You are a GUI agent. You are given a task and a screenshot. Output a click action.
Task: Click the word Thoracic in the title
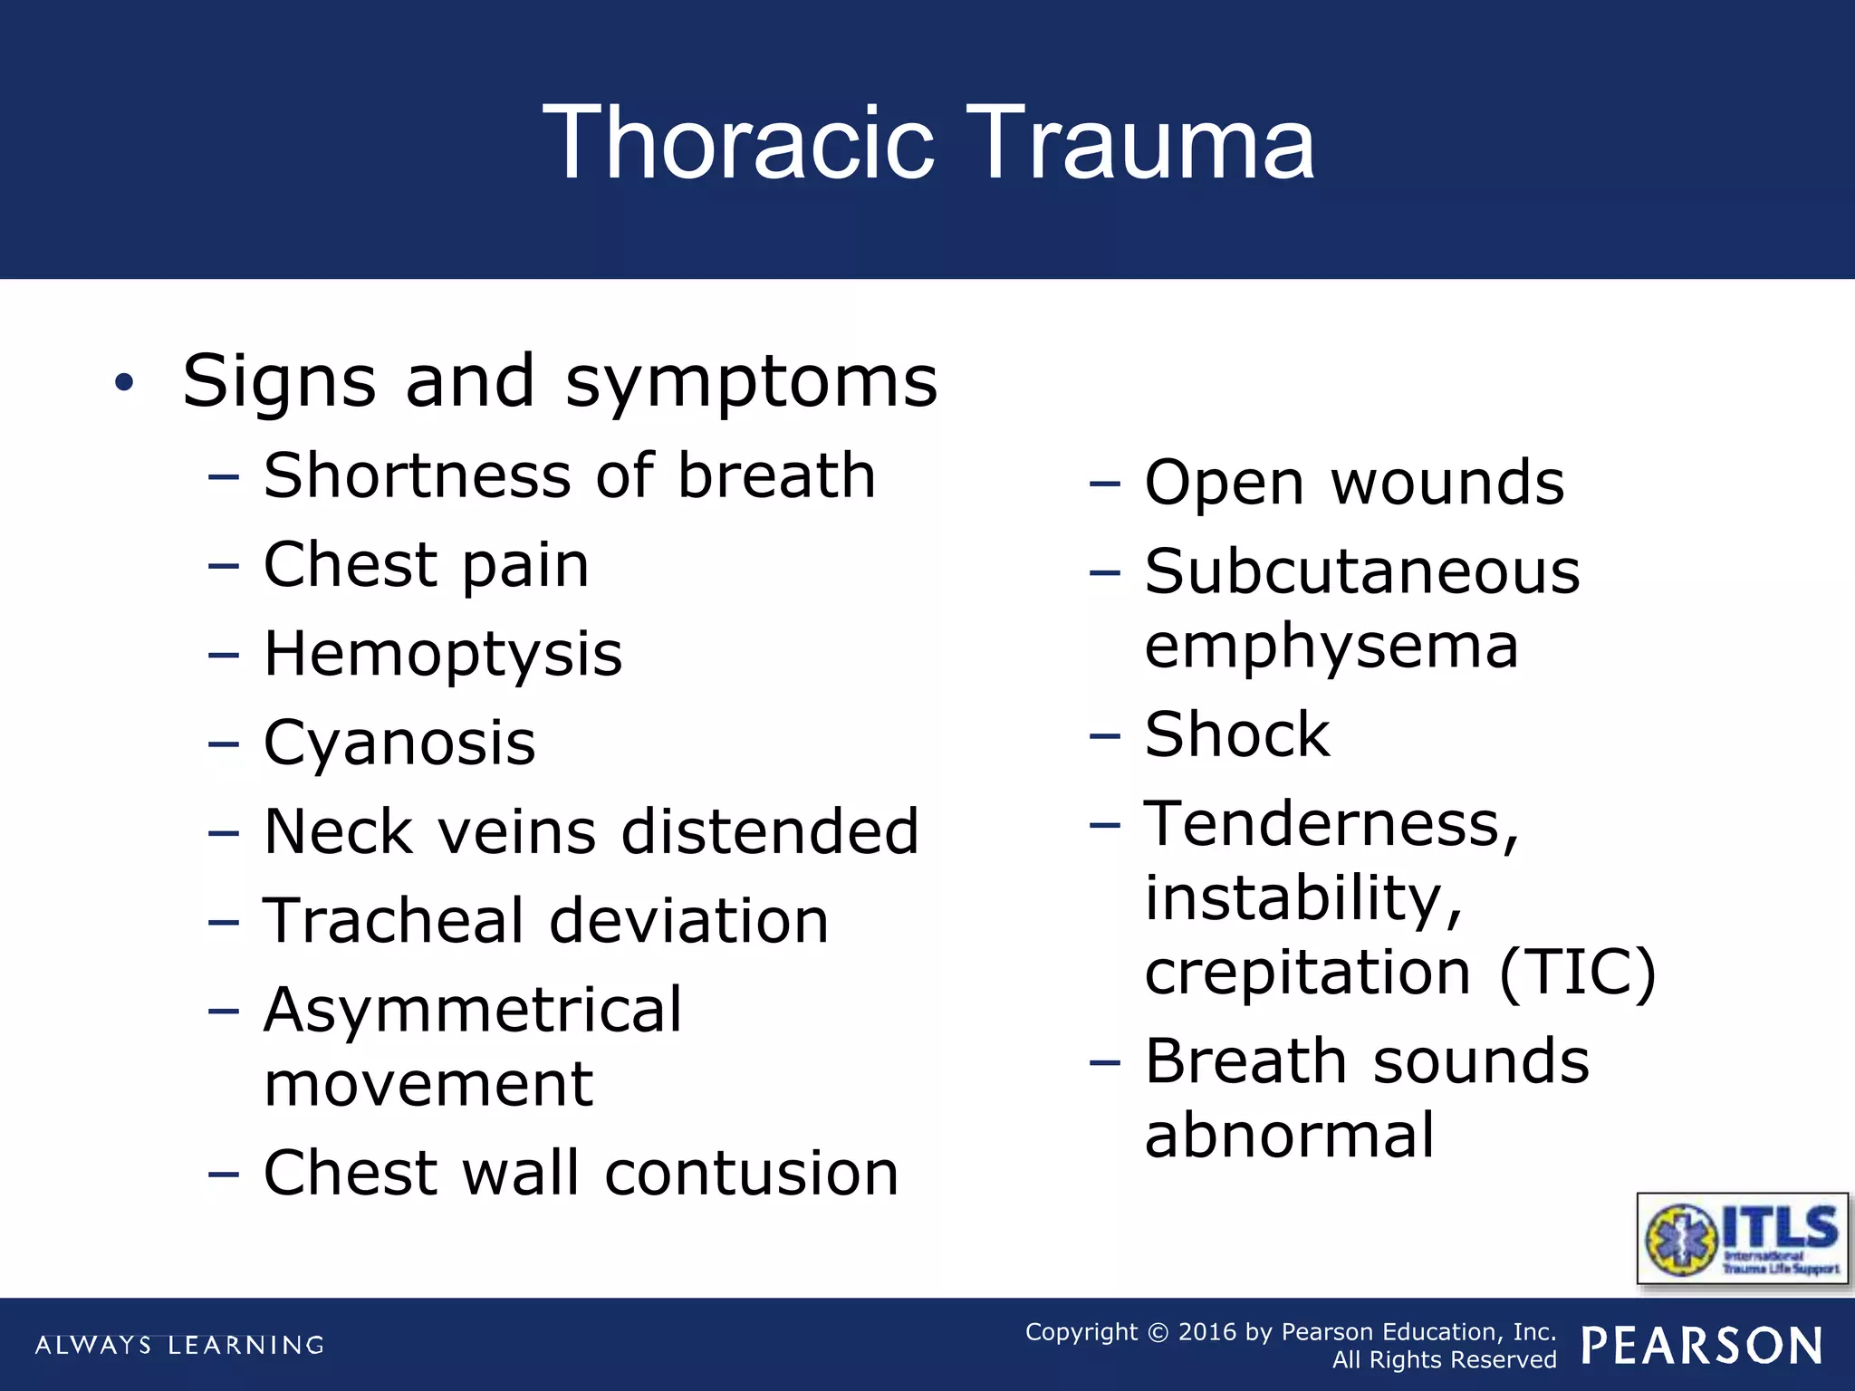click(x=738, y=143)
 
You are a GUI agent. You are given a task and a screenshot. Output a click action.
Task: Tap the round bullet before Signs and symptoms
click(x=124, y=383)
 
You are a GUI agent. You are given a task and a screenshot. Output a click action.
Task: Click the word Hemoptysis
click(x=443, y=655)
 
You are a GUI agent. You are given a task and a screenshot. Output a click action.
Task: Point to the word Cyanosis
click(x=399, y=743)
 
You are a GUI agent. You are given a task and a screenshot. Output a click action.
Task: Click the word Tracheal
click(x=393, y=921)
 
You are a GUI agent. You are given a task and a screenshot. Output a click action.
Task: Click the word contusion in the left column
click(x=751, y=1173)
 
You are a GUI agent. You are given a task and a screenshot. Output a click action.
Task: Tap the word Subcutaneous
click(x=1362, y=572)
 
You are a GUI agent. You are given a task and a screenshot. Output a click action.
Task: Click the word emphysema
click(x=1331, y=648)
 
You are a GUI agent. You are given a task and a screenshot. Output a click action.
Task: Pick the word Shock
click(x=1237, y=734)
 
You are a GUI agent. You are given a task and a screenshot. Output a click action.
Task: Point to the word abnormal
click(x=1290, y=1136)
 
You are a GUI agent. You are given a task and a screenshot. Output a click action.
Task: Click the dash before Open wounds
click(x=1104, y=484)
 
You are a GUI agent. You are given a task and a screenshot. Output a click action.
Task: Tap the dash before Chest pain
click(x=223, y=567)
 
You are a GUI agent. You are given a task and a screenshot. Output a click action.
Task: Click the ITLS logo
click(x=1743, y=1238)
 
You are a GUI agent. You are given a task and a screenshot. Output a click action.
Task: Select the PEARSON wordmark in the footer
click(x=1702, y=1346)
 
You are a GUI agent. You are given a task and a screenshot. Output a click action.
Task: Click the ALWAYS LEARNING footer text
click(x=179, y=1345)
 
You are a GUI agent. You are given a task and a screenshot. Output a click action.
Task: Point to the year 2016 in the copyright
click(x=1207, y=1332)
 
